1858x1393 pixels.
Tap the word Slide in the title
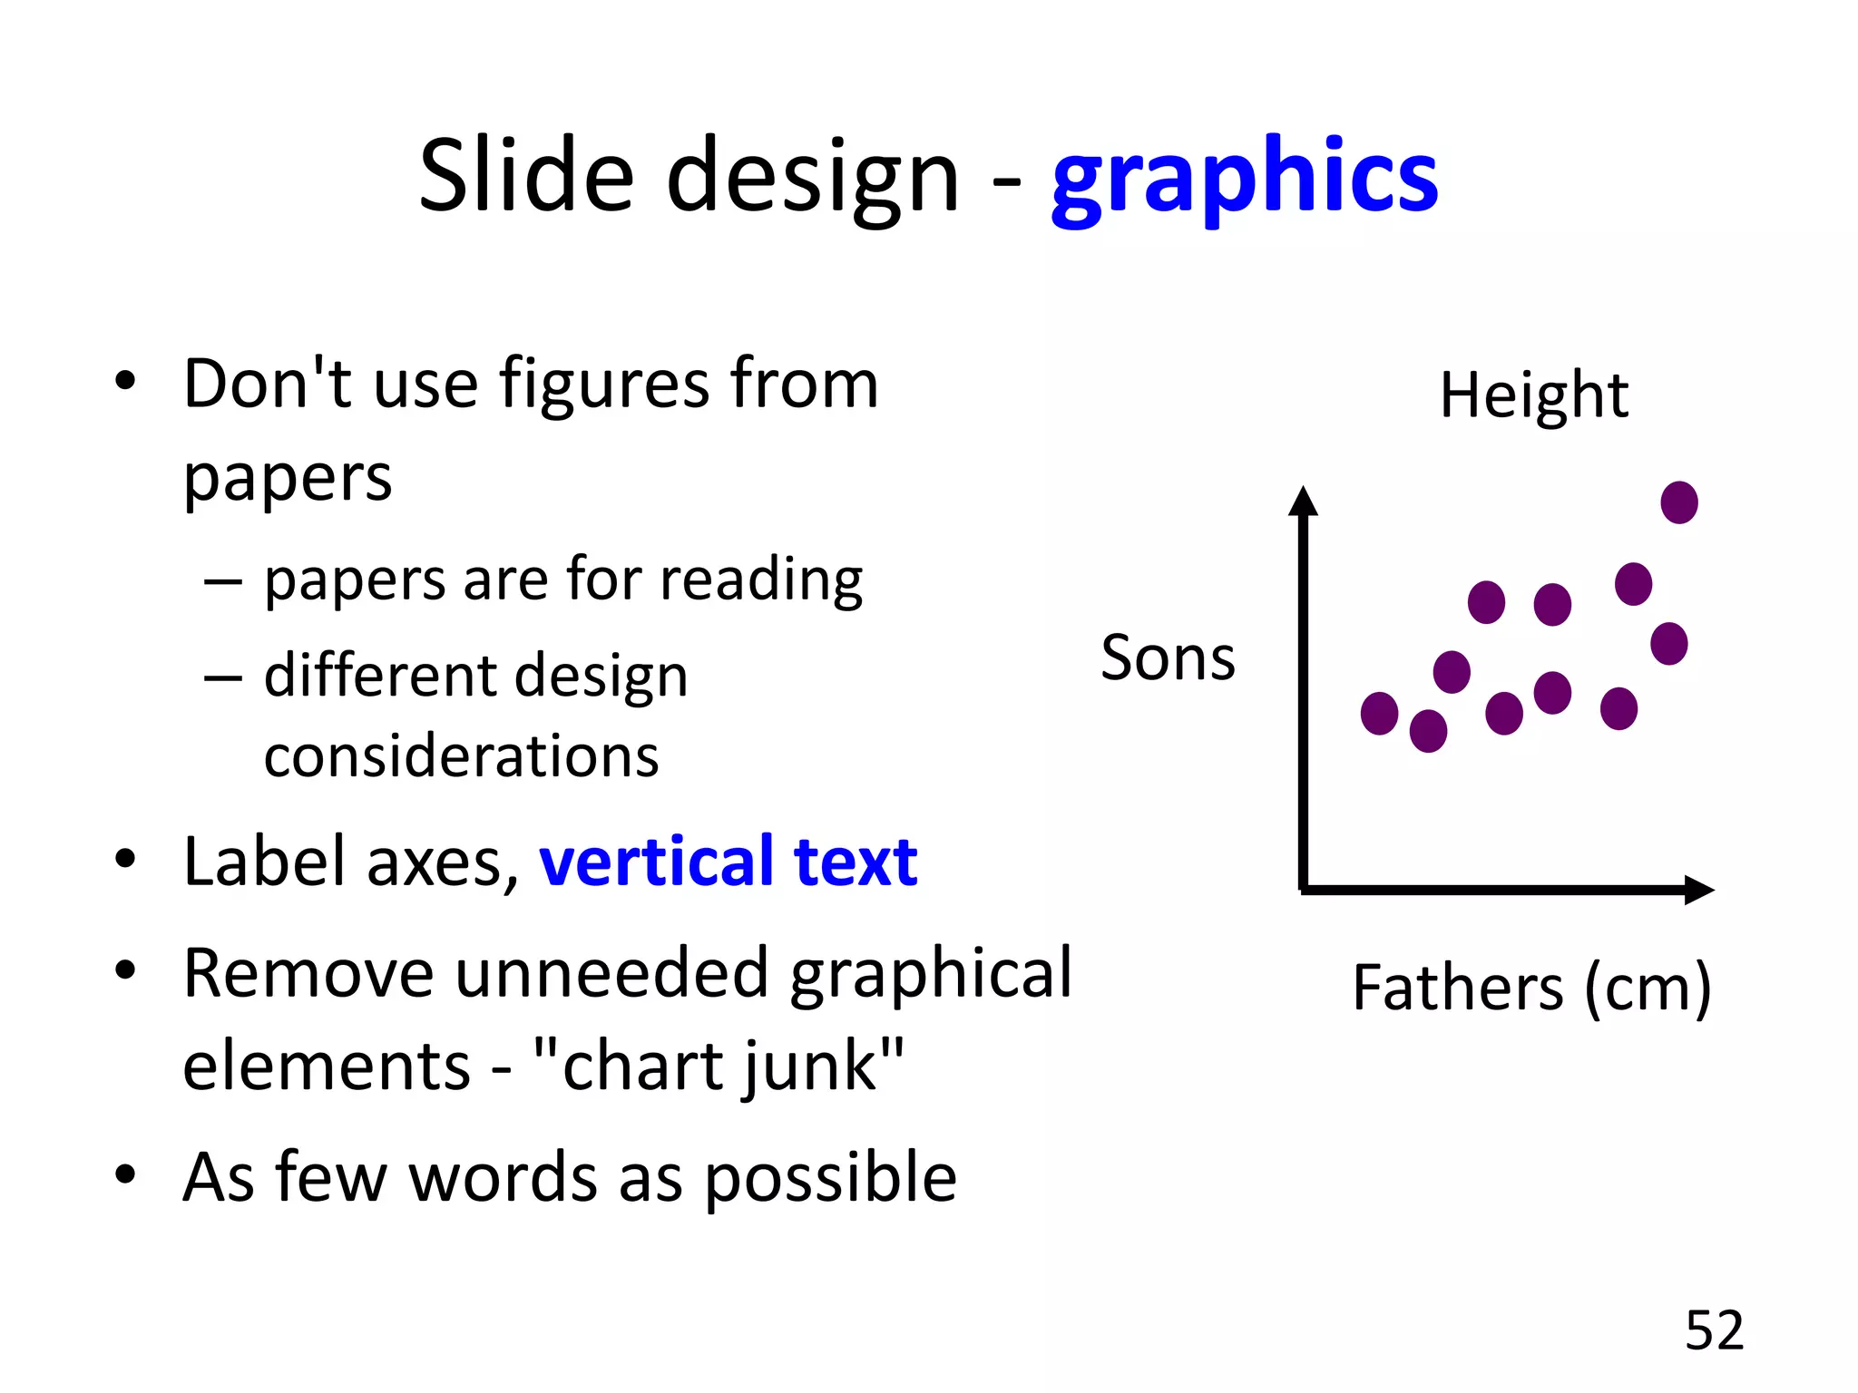click(526, 175)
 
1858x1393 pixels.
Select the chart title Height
click(1534, 395)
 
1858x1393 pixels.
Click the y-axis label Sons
click(1168, 658)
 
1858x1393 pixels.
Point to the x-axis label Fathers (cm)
click(1531, 988)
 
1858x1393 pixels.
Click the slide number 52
click(1714, 1330)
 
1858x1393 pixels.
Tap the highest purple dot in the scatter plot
click(1678, 502)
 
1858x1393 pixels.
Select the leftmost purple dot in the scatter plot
click(1379, 713)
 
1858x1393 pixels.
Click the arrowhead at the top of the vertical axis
click(1303, 502)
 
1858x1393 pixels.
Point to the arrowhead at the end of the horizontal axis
click(1698, 890)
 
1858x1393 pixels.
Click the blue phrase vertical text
click(728, 862)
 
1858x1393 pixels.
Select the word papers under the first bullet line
click(288, 478)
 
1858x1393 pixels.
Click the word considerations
click(461, 756)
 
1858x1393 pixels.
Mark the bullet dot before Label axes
click(125, 858)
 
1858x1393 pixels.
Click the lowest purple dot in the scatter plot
click(1428, 731)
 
